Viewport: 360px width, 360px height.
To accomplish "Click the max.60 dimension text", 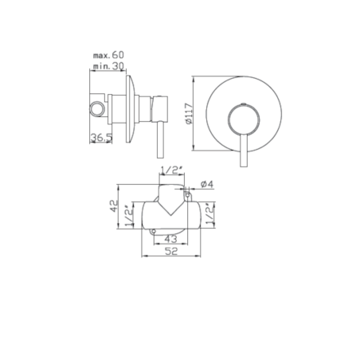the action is (x=108, y=55).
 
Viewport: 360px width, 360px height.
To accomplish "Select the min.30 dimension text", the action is (x=108, y=66).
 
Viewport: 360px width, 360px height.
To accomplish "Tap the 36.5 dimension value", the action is (x=101, y=138).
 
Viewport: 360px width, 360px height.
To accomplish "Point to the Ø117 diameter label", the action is (x=188, y=113).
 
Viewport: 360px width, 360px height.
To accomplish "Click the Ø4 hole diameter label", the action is (x=207, y=184).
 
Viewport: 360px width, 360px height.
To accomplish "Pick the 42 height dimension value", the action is (x=114, y=205).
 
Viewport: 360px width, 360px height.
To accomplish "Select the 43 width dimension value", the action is (x=170, y=239).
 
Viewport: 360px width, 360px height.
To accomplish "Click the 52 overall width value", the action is (x=171, y=251).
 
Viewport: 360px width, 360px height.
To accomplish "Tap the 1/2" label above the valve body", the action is (x=172, y=170).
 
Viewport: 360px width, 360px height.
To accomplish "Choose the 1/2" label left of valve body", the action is (x=129, y=216).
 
